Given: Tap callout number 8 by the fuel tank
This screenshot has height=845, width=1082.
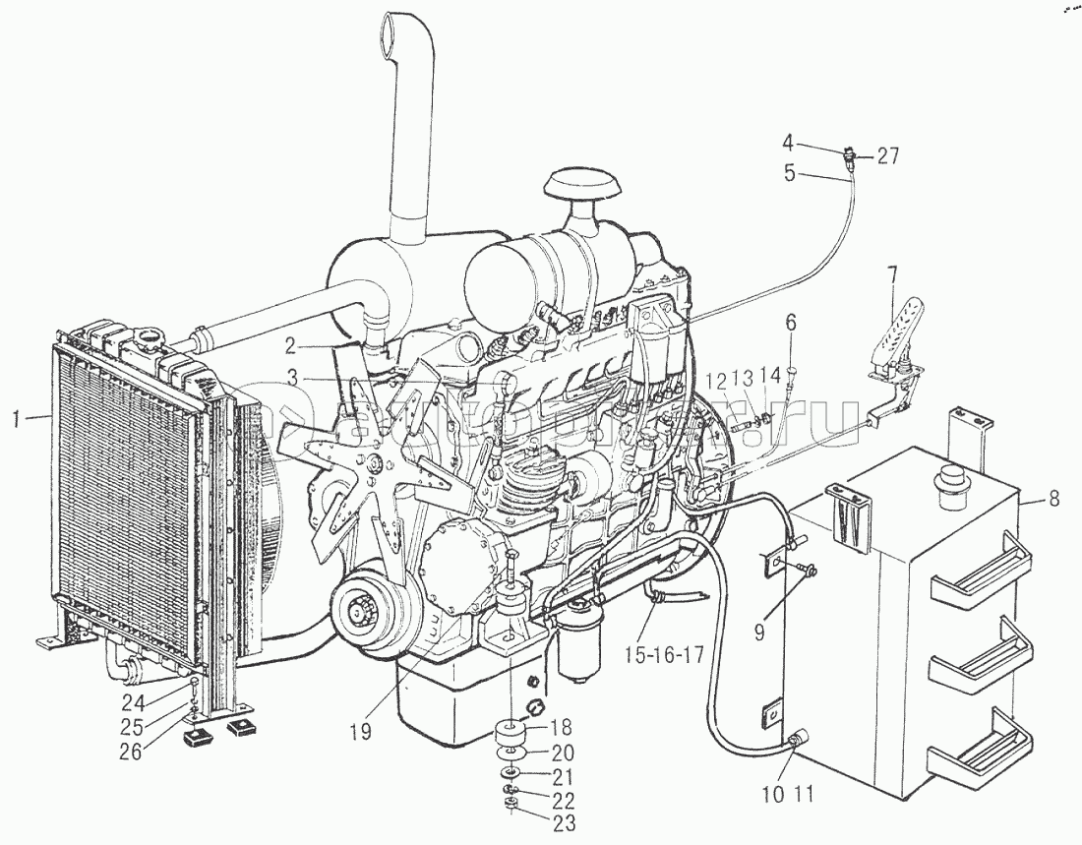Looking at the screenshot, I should tap(1053, 499).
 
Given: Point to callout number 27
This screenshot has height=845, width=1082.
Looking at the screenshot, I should tap(888, 154).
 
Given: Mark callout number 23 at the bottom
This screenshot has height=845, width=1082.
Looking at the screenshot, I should tap(565, 824).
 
